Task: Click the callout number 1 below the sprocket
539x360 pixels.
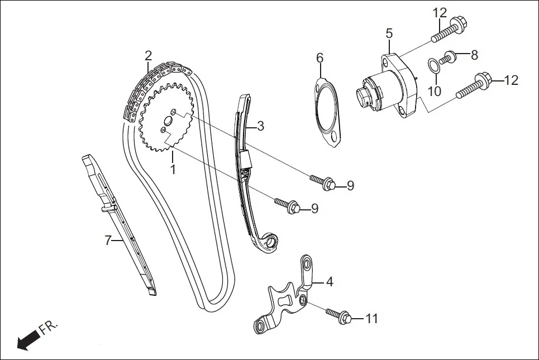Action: click(173, 168)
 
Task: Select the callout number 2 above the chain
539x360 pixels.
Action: click(148, 55)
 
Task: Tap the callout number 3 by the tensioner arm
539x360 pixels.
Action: click(260, 126)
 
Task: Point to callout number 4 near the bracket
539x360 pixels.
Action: click(330, 282)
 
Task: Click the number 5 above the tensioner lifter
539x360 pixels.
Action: click(389, 33)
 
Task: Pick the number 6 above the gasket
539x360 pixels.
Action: click(319, 57)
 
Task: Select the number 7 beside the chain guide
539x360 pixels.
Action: click(108, 241)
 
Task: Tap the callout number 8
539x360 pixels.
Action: click(474, 55)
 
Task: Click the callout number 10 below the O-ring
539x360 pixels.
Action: click(435, 90)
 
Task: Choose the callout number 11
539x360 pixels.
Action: click(372, 319)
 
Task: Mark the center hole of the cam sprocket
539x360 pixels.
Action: click(168, 122)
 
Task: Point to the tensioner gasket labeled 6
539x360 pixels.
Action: click(326, 114)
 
